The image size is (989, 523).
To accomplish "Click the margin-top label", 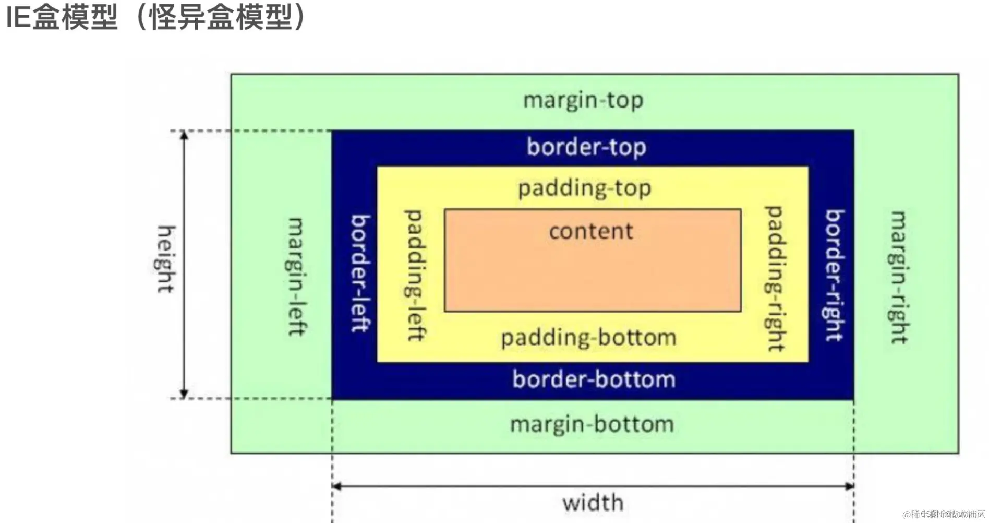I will [x=583, y=100].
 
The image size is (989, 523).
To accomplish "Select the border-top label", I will [x=586, y=147].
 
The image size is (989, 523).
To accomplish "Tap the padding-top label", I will [x=584, y=188].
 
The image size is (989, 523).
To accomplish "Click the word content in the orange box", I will [x=591, y=231].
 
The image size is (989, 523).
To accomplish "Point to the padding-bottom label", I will [x=588, y=338].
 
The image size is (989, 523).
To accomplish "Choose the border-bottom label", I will [x=594, y=379].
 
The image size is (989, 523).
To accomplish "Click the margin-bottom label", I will [x=592, y=424].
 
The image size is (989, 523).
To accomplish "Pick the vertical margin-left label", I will [x=296, y=277].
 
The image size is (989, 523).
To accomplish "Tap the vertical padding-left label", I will [x=415, y=275].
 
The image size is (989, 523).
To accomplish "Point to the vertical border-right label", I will [x=834, y=275].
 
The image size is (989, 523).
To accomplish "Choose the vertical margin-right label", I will [x=899, y=277].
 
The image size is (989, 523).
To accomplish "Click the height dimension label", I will [x=166, y=259].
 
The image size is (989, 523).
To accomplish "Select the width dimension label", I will [x=593, y=503].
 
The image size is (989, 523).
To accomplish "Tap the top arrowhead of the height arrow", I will [x=184, y=135].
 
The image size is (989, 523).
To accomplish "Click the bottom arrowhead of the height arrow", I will [x=184, y=394].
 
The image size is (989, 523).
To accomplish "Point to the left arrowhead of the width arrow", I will [x=337, y=486].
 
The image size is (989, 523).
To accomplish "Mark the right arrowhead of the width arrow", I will [x=849, y=486].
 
